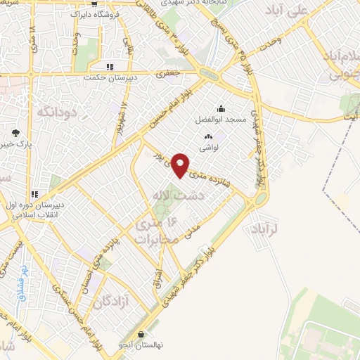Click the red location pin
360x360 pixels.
point(181,165)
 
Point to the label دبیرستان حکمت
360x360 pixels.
point(108,77)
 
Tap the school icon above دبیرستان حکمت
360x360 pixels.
point(109,67)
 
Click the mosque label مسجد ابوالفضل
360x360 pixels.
point(221,120)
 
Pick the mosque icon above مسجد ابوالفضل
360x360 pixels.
point(221,108)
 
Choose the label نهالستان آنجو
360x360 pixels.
point(143,345)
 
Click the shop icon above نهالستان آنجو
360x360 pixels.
point(143,335)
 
